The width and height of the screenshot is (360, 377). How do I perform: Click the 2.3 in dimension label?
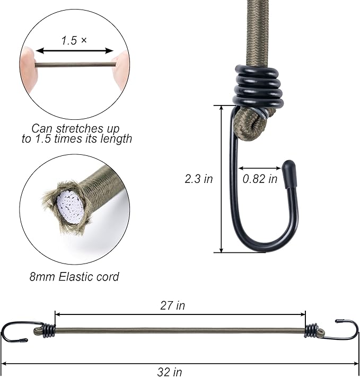pos(199,179)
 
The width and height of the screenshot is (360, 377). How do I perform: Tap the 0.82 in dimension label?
pos(260,179)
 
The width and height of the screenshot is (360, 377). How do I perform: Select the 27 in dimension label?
pos(172,305)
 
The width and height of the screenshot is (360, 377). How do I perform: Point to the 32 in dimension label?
pos(170,372)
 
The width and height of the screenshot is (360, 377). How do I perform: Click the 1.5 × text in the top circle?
pos(74,40)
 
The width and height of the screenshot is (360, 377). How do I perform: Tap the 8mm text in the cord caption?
pos(42,276)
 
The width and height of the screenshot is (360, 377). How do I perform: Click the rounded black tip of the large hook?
pos(288,173)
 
